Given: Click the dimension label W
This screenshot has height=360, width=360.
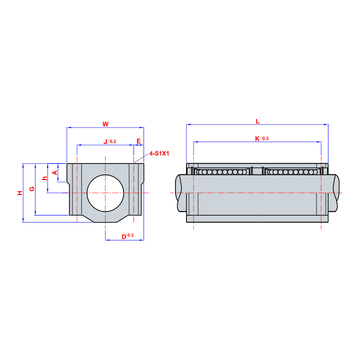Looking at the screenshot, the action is coord(105,124).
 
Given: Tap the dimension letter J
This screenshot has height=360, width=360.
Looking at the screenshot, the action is coord(105,141).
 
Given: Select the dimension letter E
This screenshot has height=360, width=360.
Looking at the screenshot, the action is coord(138,141).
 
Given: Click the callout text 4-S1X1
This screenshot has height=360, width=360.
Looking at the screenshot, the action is coord(159,153).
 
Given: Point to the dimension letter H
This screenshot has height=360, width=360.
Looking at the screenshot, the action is coord(20,193).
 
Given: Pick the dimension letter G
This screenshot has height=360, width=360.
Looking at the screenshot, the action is coord(31,188).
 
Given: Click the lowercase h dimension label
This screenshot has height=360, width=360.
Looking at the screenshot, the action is coord(45,178).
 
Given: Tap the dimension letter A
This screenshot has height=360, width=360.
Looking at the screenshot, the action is coord(55,172).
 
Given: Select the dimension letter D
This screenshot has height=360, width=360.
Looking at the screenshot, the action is coord(124,237).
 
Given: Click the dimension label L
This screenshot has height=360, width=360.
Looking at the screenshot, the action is coord(257,121).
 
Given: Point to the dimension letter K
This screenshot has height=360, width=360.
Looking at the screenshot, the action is coord(257,138).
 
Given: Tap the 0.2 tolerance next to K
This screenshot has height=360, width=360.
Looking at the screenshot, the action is coord(265,138).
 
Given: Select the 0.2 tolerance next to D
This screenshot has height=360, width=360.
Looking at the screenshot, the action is coord(130,235).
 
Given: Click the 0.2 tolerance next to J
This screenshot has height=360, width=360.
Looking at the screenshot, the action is coord(112,141).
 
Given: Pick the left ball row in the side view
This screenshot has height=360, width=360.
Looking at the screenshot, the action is coord(221,172).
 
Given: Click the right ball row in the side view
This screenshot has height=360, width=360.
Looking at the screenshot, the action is coord(292,172).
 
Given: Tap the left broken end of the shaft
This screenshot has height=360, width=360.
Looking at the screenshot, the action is coord(178,193).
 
